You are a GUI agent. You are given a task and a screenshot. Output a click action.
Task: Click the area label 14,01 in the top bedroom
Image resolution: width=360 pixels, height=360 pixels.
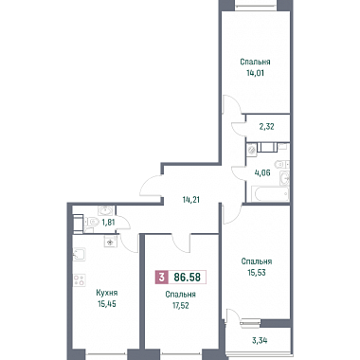[255, 73]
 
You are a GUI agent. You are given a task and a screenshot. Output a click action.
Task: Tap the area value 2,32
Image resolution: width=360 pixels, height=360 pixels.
[266, 127]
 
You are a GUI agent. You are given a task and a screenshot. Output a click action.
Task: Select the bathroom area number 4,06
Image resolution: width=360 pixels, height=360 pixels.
[262, 172]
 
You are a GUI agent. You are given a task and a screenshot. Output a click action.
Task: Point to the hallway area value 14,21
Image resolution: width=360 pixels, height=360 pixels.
[191, 200]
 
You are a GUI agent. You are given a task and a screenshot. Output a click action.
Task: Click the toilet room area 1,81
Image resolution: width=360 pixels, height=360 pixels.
[108, 223]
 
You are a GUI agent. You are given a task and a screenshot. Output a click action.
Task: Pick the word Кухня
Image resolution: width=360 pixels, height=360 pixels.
[107, 293]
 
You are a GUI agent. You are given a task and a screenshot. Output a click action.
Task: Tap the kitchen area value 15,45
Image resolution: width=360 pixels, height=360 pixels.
[107, 304]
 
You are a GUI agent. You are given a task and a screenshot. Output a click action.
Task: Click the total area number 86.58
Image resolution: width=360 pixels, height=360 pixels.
[188, 278]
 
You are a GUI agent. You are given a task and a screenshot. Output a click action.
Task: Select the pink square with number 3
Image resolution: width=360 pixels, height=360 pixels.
[162, 278]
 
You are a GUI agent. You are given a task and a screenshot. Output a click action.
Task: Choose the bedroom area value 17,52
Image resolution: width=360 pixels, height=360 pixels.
[181, 306]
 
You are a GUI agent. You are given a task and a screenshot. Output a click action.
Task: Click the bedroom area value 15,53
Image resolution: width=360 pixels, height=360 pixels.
[257, 273]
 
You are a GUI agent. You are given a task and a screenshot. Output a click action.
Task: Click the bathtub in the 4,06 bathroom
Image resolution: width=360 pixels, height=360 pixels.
[270, 193]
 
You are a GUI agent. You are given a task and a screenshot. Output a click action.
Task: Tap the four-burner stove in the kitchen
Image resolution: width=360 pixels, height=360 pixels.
[80, 279]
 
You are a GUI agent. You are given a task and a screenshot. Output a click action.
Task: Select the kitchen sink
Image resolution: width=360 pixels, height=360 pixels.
[79, 255]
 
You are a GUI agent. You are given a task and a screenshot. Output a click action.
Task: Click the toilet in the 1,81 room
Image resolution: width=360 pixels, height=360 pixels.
[91, 222]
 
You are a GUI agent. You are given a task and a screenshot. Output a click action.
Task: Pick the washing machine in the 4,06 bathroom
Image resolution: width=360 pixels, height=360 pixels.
[252, 149]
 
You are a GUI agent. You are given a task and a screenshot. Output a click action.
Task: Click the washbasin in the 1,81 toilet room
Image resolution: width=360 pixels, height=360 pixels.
[104, 210]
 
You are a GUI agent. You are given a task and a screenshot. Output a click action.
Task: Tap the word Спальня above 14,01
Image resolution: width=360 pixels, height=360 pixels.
[255, 62]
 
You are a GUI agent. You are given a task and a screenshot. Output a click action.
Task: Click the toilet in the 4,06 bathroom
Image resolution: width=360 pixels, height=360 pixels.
[281, 164]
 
